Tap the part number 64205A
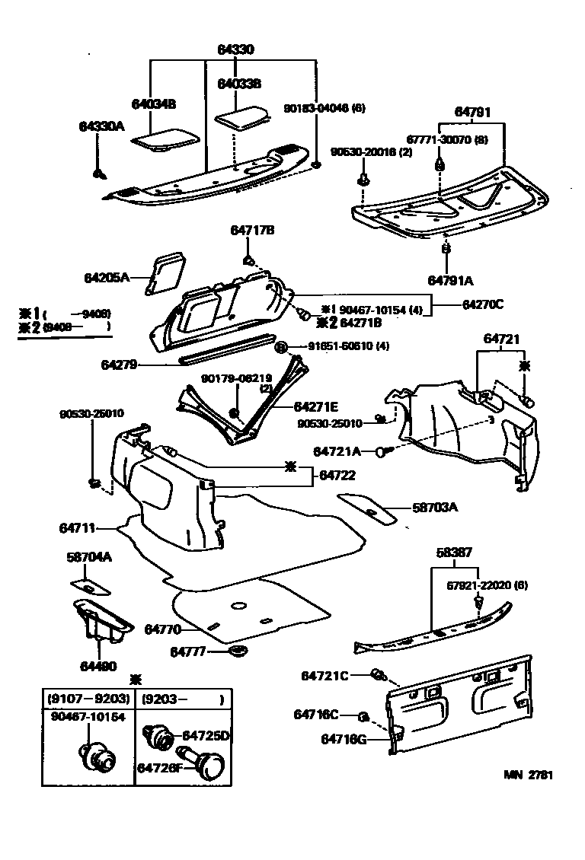107,278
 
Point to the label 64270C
482,304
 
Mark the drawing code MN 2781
527,776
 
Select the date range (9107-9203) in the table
88,699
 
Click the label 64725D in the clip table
205,735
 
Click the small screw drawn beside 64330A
98,175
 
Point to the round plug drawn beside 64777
240,652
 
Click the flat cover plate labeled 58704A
90,585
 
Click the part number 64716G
344,738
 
